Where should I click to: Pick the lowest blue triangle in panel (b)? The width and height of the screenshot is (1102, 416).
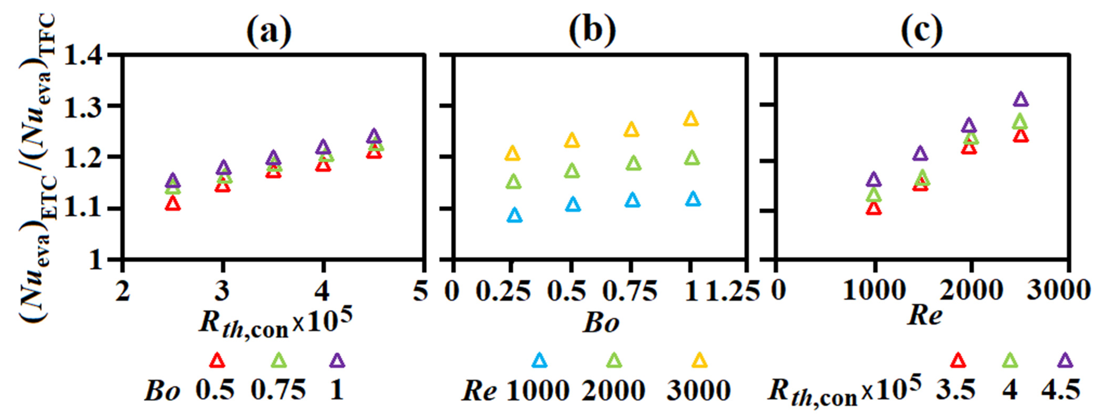[x=515, y=215]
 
